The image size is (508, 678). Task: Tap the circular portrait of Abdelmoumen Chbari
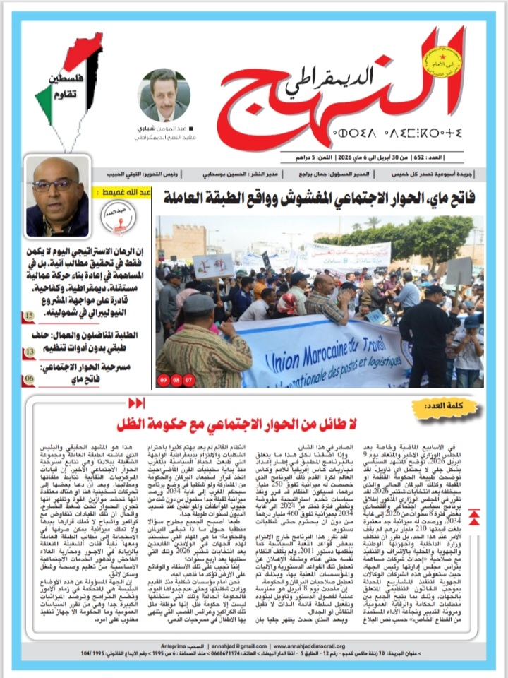pos(163,94)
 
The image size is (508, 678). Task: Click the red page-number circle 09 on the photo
pos(164,379)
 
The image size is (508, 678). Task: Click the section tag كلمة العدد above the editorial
pos(446,408)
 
